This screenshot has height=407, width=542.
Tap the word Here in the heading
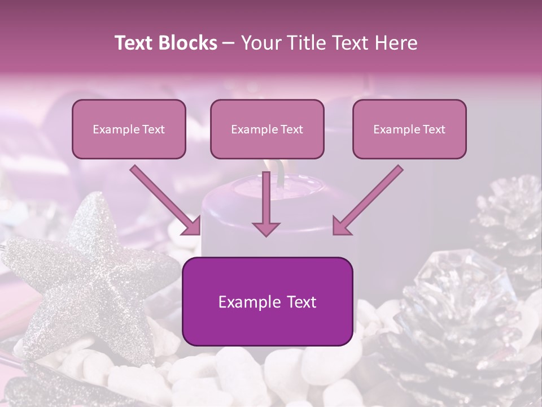tap(396, 43)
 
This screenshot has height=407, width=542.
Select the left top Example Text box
tap(129, 129)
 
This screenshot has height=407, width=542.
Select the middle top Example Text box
tap(267, 129)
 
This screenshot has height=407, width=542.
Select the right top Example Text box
tap(409, 129)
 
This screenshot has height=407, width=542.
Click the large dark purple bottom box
tap(267, 301)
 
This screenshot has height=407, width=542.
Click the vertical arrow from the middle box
tap(266, 201)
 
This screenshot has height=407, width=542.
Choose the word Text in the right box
tap(434, 129)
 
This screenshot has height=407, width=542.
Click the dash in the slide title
tap(229, 43)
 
